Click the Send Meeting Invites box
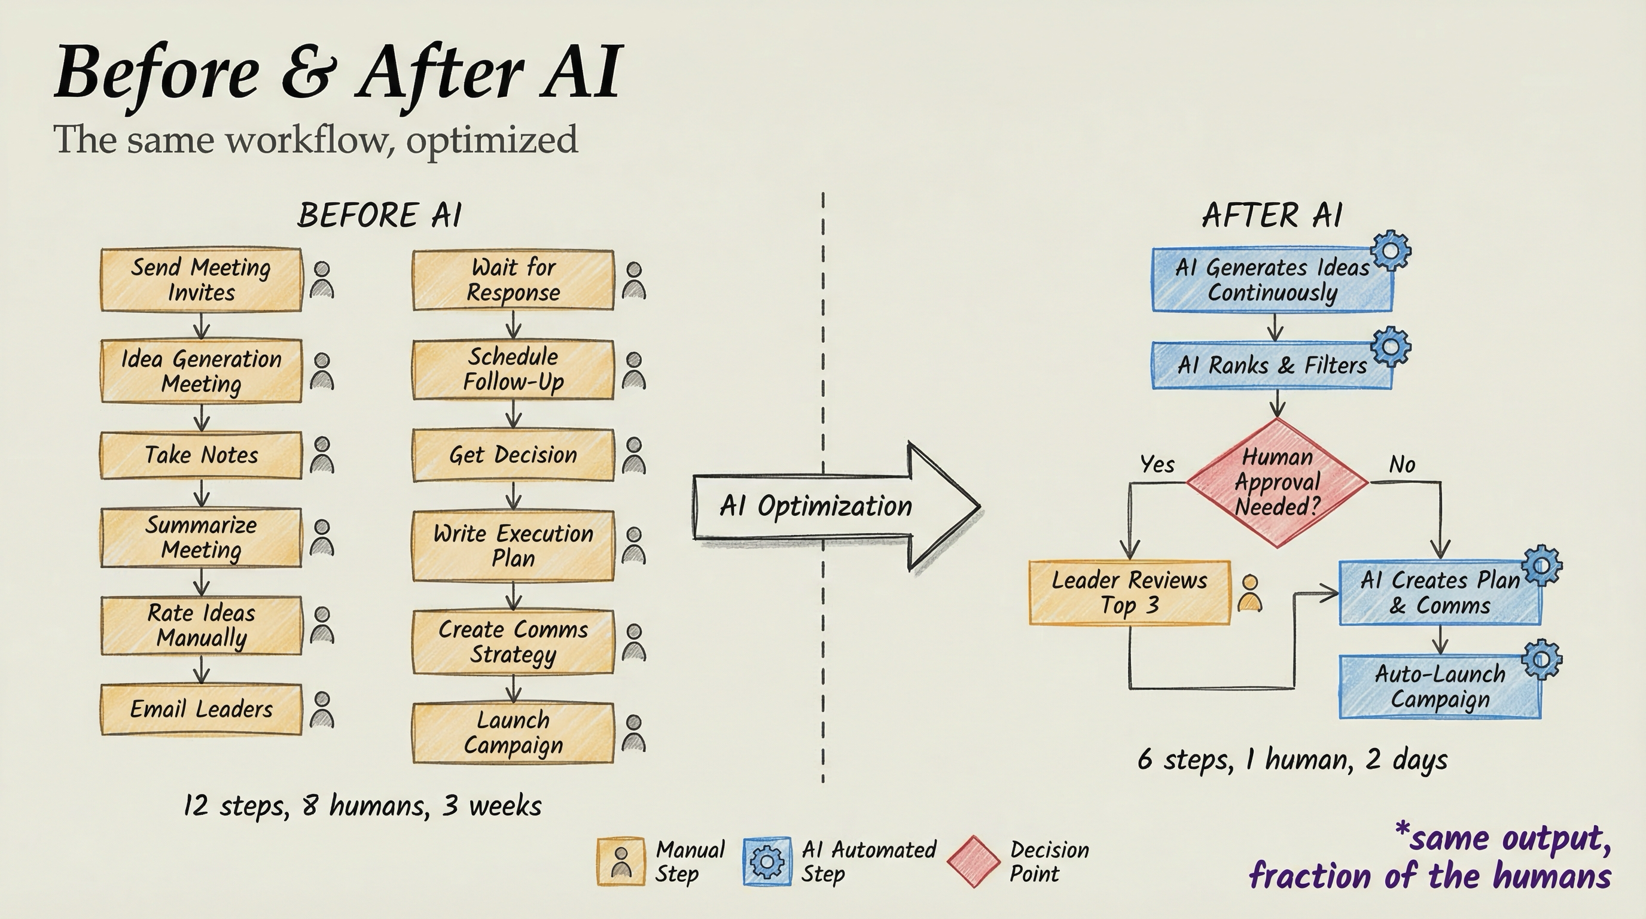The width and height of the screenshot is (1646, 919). click(200, 280)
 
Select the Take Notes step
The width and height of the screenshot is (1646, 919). click(200, 455)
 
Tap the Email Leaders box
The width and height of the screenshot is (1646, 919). click(200, 710)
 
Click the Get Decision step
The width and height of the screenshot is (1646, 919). click(513, 455)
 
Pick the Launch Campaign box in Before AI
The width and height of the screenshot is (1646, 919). click(513, 733)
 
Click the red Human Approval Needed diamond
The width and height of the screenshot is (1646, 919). click(1277, 482)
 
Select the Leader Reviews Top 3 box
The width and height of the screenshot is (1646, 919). click(1129, 592)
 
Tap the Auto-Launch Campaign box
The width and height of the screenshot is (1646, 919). click(1440, 687)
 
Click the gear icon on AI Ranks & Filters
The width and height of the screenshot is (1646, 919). click(1391, 347)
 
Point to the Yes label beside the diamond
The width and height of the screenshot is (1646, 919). click(1157, 465)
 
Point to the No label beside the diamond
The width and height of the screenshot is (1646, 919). click(1402, 465)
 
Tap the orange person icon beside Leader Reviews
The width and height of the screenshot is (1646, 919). click(1250, 593)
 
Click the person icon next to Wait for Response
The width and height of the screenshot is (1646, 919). click(634, 281)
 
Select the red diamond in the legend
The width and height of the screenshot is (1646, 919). click(973, 862)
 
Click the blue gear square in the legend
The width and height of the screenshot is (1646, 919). click(767, 862)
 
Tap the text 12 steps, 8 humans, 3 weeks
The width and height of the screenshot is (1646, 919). click(362, 805)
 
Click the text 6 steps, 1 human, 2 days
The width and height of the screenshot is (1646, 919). click(1292, 760)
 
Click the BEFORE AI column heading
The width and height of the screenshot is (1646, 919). click(379, 215)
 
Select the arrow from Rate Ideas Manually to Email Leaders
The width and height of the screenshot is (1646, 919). click(202, 669)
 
